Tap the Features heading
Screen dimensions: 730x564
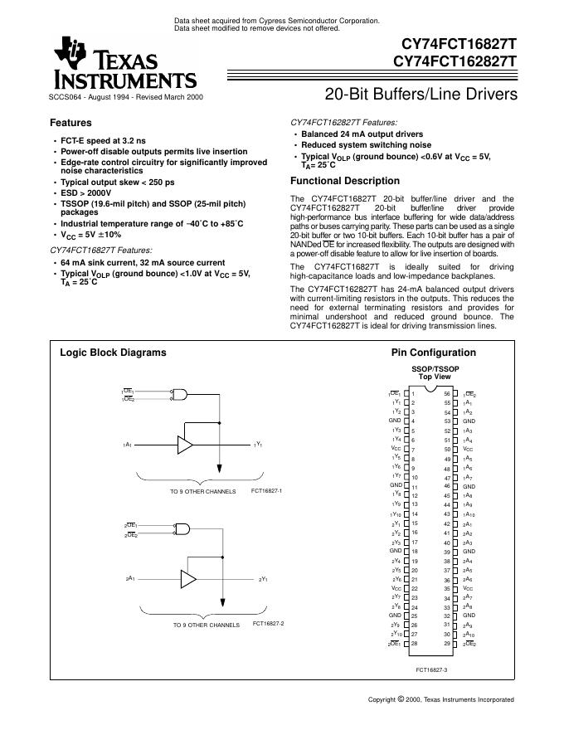tap(71, 123)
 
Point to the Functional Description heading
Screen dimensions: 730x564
tap(344, 181)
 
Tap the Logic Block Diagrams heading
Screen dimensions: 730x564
tap(113, 352)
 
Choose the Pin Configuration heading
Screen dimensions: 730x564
tap(433, 352)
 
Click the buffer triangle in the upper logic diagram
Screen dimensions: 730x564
tap(185, 445)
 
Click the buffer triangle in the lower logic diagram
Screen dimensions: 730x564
tap(188, 577)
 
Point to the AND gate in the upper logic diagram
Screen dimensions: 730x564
tap(179, 396)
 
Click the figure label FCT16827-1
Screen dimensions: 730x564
tap(266, 491)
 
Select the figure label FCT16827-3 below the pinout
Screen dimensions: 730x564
tap(431, 669)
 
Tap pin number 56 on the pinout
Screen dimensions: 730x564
tap(447, 393)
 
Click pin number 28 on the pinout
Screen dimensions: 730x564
tap(414, 643)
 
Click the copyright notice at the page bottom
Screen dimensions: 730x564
tap(440, 699)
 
